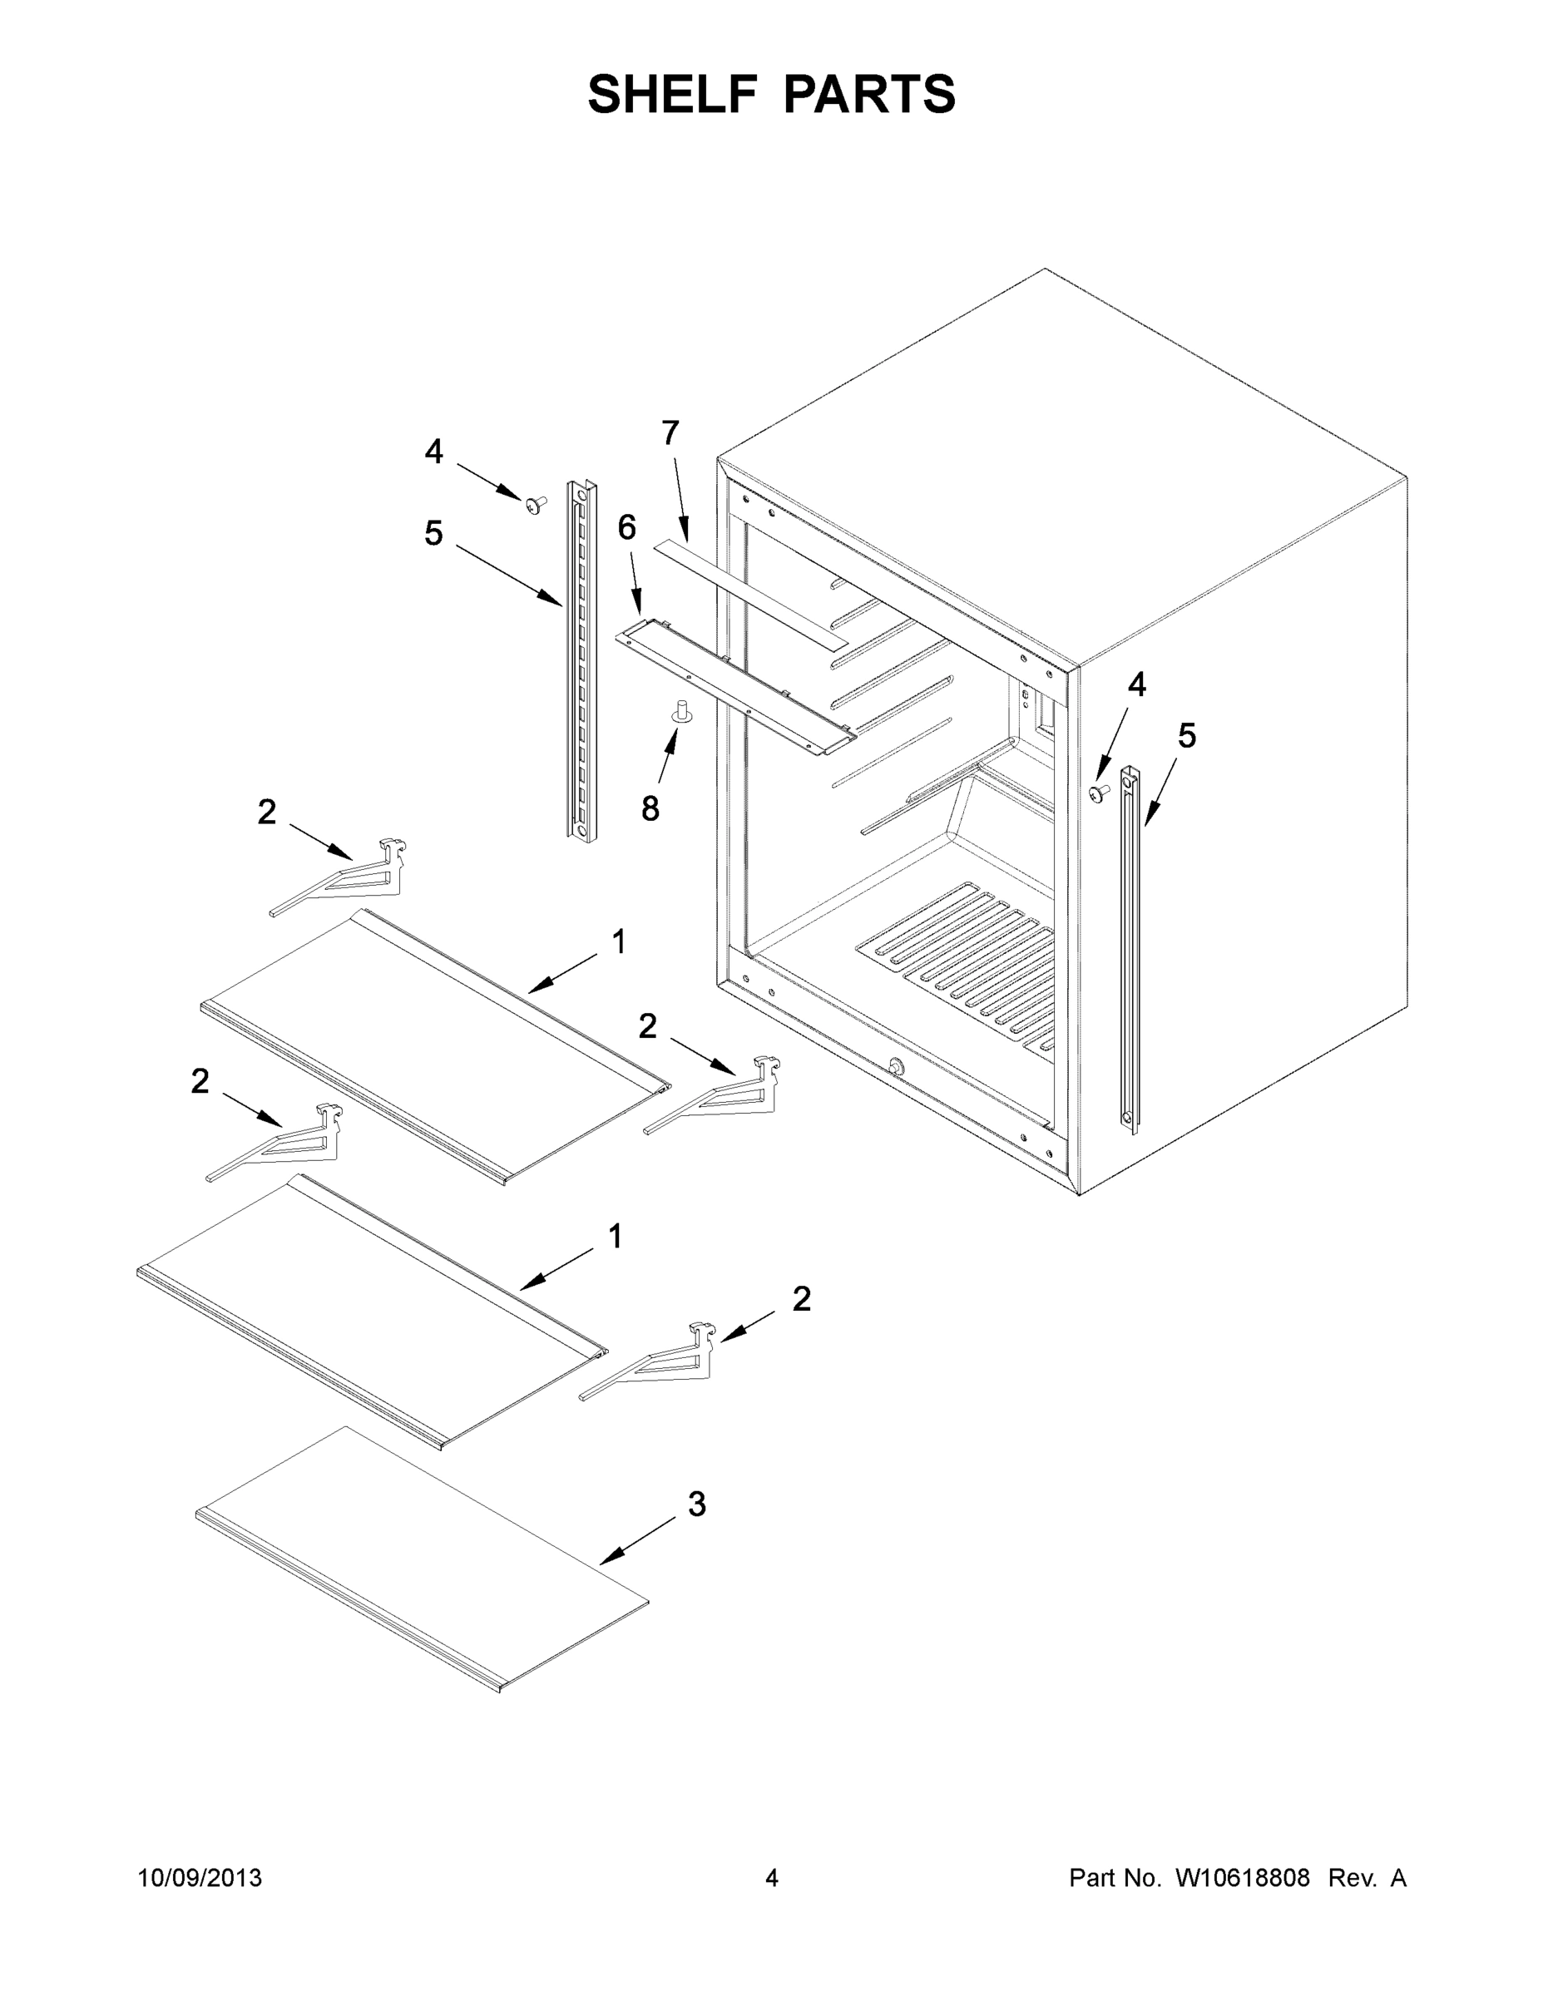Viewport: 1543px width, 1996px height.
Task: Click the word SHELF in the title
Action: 672,94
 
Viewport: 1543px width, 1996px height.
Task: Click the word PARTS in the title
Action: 868,94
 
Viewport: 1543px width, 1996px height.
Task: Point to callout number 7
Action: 670,433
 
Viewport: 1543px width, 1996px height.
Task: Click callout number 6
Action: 626,527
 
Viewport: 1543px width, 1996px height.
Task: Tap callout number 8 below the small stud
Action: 650,809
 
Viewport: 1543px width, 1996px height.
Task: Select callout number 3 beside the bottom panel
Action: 696,1504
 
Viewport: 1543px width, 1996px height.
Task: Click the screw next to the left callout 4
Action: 536,503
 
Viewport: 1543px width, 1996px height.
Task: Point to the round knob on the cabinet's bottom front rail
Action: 895,1066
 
